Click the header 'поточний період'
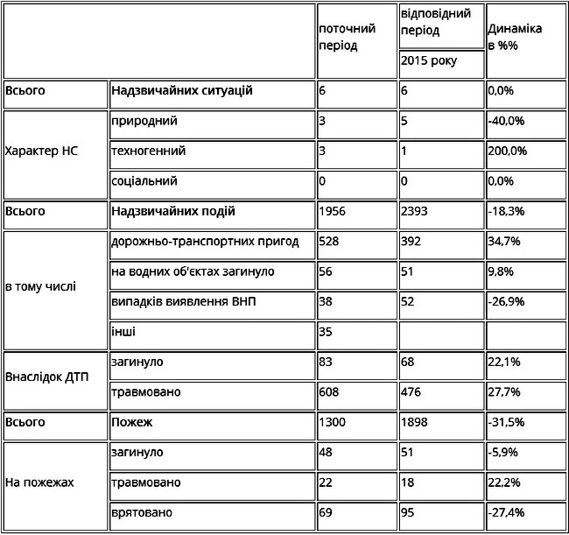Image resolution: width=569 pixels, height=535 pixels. (x=348, y=37)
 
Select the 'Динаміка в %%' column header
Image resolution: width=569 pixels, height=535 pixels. (x=515, y=37)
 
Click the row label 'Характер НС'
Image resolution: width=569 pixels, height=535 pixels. (x=42, y=151)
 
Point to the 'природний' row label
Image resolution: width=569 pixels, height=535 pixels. (x=144, y=121)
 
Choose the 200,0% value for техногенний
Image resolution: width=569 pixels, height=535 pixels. (x=508, y=151)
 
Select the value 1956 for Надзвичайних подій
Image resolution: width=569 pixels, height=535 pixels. (x=334, y=211)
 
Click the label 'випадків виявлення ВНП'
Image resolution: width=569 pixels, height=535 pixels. (x=184, y=301)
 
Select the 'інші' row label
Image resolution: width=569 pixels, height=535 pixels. (x=123, y=332)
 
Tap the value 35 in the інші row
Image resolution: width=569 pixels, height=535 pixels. (x=326, y=332)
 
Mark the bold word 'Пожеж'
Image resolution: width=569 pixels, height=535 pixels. (x=132, y=422)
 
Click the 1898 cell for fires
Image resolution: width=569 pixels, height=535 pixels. (x=416, y=422)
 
